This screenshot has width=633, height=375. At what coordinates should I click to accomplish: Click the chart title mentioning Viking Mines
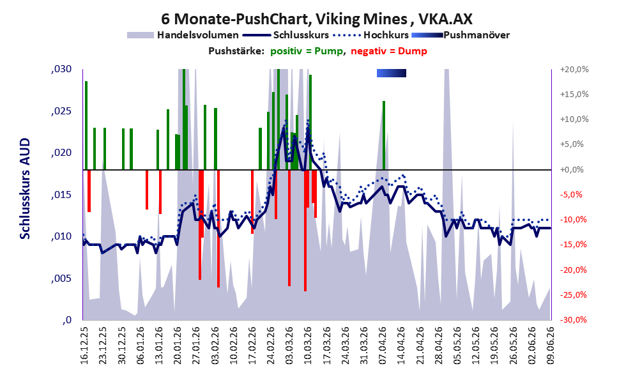pyautogui.click(x=317, y=19)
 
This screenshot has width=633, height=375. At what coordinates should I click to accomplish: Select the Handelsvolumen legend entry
pyautogui.click(x=183, y=35)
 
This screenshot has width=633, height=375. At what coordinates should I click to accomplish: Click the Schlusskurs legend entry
pyautogui.click(x=286, y=35)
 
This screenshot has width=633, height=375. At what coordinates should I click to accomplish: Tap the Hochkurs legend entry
pyautogui.click(x=371, y=35)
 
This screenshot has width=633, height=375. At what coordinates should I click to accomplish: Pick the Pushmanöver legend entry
pyautogui.click(x=461, y=35)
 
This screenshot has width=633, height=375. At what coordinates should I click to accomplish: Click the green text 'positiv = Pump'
pyautogui.click(x=307, y=51)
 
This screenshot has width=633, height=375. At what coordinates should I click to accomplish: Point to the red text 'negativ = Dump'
pyautogui.click(x=389, y=51)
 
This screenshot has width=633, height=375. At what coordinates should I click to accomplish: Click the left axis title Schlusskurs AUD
pyautogui.click(x=25, y=188)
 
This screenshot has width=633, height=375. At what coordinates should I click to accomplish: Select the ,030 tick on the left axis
pyautogui.click(x=61, y=69)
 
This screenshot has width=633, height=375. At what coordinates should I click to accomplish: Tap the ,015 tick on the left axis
pyautogui.click(x=61, y=195)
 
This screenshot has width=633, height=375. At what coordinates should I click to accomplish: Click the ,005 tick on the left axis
pyautogui.click(x=61, y=279)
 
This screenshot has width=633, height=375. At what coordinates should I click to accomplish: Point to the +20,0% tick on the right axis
pyautogui.click(x=574, y=70)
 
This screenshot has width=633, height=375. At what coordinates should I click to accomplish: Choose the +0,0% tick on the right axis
pyautogui.click(x=572, y=169)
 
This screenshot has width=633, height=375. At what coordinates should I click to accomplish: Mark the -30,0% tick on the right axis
pyautogui.click(x=573, y=320)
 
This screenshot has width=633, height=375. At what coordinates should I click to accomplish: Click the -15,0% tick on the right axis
pyautogui.click(x=573, y=245)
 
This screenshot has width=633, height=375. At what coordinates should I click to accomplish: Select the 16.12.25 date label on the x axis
pyautogui.click(x=84, y=346)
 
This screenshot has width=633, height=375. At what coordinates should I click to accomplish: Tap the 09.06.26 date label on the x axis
pyautogui.click(x=551, y=346)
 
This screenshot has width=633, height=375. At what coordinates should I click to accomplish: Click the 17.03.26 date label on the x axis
pyautogui.click(x=326, y=346)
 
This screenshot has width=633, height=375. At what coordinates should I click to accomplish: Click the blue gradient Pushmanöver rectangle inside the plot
pyautogui.click(x=391, y=73)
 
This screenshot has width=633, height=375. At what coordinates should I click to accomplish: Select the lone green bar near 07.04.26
pyautogui.click(x=384, y=135)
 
